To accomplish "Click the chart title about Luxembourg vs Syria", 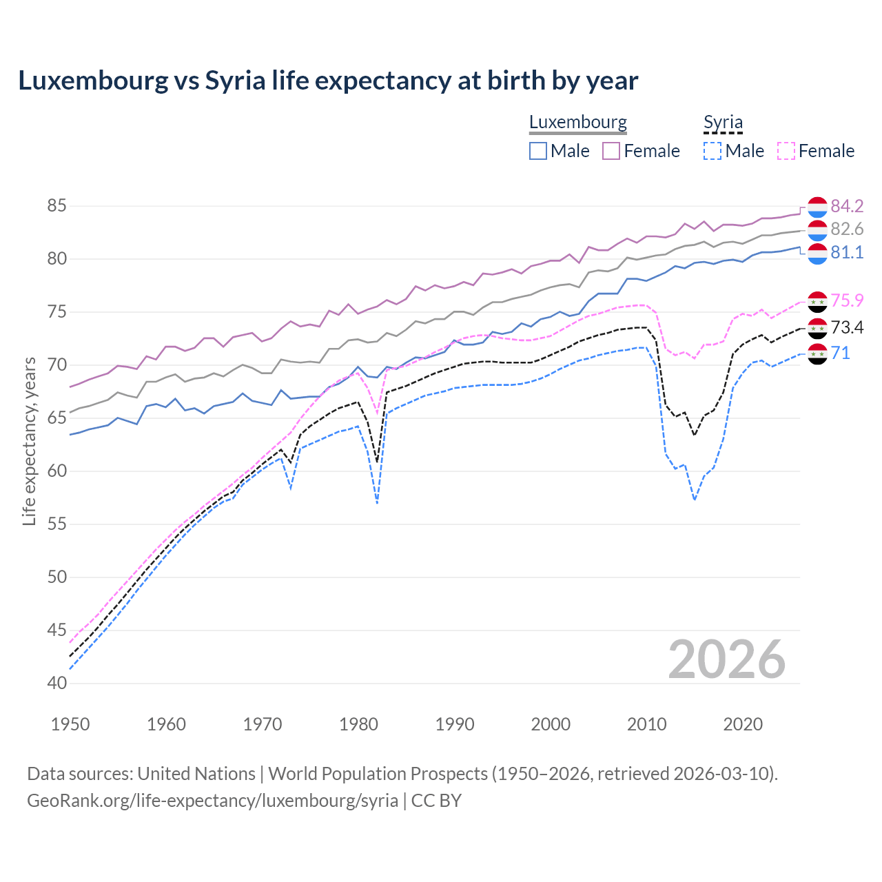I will tap(328, 81).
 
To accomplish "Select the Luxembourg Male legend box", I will tap(538, 151).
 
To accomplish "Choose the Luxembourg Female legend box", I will tap(611, 151).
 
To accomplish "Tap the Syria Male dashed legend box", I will tap(712, 151).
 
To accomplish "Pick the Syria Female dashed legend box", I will tap(786, 151).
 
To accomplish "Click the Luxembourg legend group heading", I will tap(577, 123).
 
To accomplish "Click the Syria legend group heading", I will tap(723, 123).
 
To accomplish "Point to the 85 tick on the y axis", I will tap(57, 206).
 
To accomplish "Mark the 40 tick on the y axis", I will tap(57, 684).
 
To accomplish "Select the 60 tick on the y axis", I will tap(57, 471).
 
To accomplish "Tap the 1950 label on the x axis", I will tap(70, 724).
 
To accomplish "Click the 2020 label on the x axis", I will tap(743, 724).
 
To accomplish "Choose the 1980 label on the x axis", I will tap(358, 724).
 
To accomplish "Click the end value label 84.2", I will tap(847, 206).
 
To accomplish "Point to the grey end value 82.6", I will tap(847, 229).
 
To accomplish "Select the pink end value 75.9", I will tap(847, 300).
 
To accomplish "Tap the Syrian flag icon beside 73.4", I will tap(817, 328).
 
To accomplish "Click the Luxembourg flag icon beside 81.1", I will tap(817, 253).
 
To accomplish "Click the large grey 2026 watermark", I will tap(726, 659).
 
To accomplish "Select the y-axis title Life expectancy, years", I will tap(29, 442).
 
